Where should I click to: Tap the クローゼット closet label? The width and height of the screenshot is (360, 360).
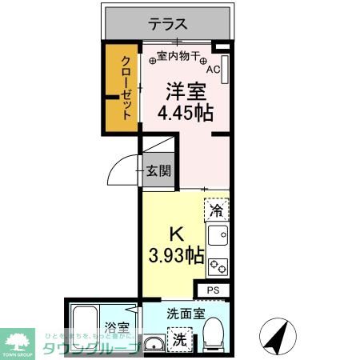[x=126, y=87]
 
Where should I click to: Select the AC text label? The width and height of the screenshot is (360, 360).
[x=212, y=69]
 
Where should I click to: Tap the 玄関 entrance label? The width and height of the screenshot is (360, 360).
[x=158, y=170]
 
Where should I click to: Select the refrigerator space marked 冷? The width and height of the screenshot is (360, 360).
[x=216, y=211]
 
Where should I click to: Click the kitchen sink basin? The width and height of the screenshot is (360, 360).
[x=217, y=236]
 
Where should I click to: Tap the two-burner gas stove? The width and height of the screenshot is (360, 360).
[x=218, y=266]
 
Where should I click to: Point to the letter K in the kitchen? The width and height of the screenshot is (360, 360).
[x=178, y=236]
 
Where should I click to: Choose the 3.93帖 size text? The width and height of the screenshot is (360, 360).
[x=177, y=257]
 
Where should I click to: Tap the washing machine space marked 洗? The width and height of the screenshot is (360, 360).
[x=182, y=338]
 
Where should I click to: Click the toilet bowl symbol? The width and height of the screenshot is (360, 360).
[x=215, y=334]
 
